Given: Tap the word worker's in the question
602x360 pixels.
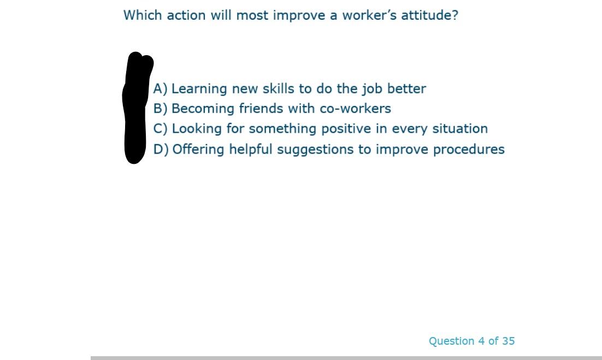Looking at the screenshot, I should (369, 15).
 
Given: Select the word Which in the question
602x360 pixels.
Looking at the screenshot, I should (143, 15).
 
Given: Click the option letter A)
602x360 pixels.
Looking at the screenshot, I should (160, 88).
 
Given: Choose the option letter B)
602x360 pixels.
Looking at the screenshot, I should (160, 109).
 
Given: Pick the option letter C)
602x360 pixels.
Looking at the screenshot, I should (160, 129).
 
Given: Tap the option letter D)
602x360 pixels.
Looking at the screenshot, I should (161, 149).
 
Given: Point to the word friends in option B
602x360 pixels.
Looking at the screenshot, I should (261, 109).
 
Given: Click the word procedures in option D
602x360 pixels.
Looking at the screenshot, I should (469, 150).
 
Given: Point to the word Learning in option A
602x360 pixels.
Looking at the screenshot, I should (199, 88).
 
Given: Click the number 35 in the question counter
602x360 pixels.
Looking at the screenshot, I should (508, 341).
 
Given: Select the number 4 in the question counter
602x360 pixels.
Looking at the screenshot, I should (481, 341).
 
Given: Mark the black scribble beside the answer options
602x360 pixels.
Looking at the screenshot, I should (135, 109).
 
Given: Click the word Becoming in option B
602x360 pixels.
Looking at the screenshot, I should (203, 109).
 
